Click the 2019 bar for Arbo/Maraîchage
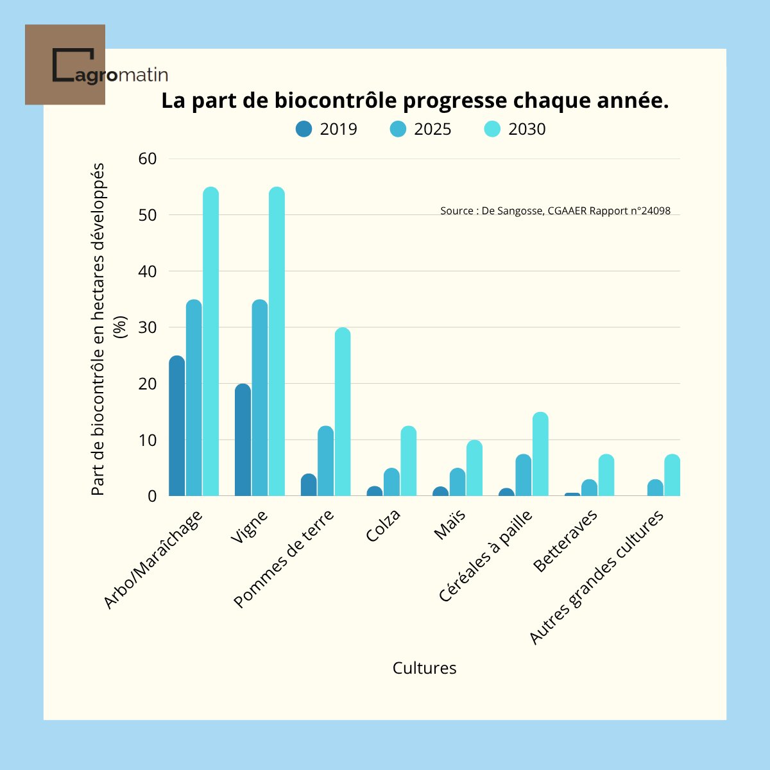177,426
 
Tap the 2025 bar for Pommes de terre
325,461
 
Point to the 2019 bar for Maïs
440,492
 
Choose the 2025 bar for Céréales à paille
524,475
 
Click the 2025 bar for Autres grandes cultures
655,488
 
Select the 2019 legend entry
327,129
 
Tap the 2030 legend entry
515,129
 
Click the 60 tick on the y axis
148,158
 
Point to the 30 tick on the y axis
148,327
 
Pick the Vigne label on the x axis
249,527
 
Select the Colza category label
384,526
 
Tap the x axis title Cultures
424,668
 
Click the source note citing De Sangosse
555,210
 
